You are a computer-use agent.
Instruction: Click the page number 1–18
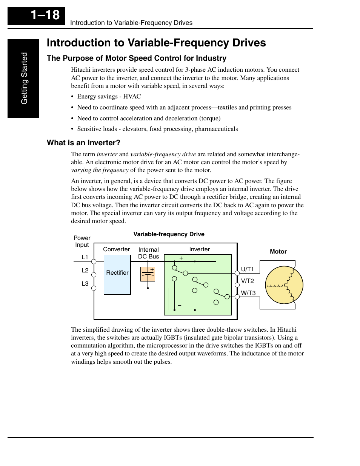tap(45, 15)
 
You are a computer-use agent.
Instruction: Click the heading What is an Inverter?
tap(83, 143)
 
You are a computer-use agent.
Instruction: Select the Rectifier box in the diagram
tap(117, 274)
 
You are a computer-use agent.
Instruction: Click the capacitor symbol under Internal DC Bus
tap(148, 274)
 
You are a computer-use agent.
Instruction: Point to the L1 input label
tap(85, 257)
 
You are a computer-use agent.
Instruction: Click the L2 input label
tap(85, 271)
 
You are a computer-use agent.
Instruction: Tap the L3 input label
tap(85, 284)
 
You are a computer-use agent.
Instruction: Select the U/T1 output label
tap(248, 269)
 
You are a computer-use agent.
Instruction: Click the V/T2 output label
tap(248, 281)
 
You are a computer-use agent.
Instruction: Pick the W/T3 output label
tap(248, 293)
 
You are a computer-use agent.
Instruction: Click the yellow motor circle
tap(284, 285)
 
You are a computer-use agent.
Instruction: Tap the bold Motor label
tap(278, 252)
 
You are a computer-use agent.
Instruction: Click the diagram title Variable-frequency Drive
tap(169, 234)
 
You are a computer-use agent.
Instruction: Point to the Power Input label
tap(82, 241)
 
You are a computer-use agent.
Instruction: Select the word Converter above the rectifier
tap(116, 249)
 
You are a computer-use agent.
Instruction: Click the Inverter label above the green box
tap(199, 249)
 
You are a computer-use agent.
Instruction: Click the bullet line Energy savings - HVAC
tap(109, 97)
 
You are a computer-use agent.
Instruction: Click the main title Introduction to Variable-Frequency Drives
tap(156, 43)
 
